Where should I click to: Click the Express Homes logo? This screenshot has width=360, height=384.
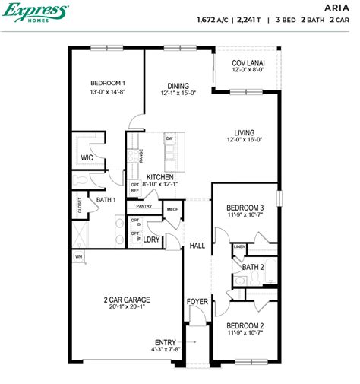coord(36,13)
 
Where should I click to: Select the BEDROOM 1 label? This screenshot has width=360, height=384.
coord(108,83)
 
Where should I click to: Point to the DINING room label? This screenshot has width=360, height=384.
coord(178,86)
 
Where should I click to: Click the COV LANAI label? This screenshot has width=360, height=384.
coord(248,63)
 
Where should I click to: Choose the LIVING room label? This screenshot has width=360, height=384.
coord(245,132)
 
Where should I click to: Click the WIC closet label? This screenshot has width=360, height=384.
coord(87,158)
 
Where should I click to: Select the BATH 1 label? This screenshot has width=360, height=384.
coord(106,199)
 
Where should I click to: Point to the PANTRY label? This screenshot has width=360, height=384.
coord(145,206)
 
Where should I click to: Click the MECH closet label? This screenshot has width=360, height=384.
coord(172,210)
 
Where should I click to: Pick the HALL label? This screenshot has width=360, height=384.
coord(197,246)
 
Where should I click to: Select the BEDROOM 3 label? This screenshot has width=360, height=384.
coord(246,207)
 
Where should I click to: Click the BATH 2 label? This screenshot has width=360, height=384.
coord(253,267)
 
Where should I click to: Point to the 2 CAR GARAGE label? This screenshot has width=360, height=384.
coord(126,300)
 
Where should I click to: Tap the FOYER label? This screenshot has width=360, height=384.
coord(197,302)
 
